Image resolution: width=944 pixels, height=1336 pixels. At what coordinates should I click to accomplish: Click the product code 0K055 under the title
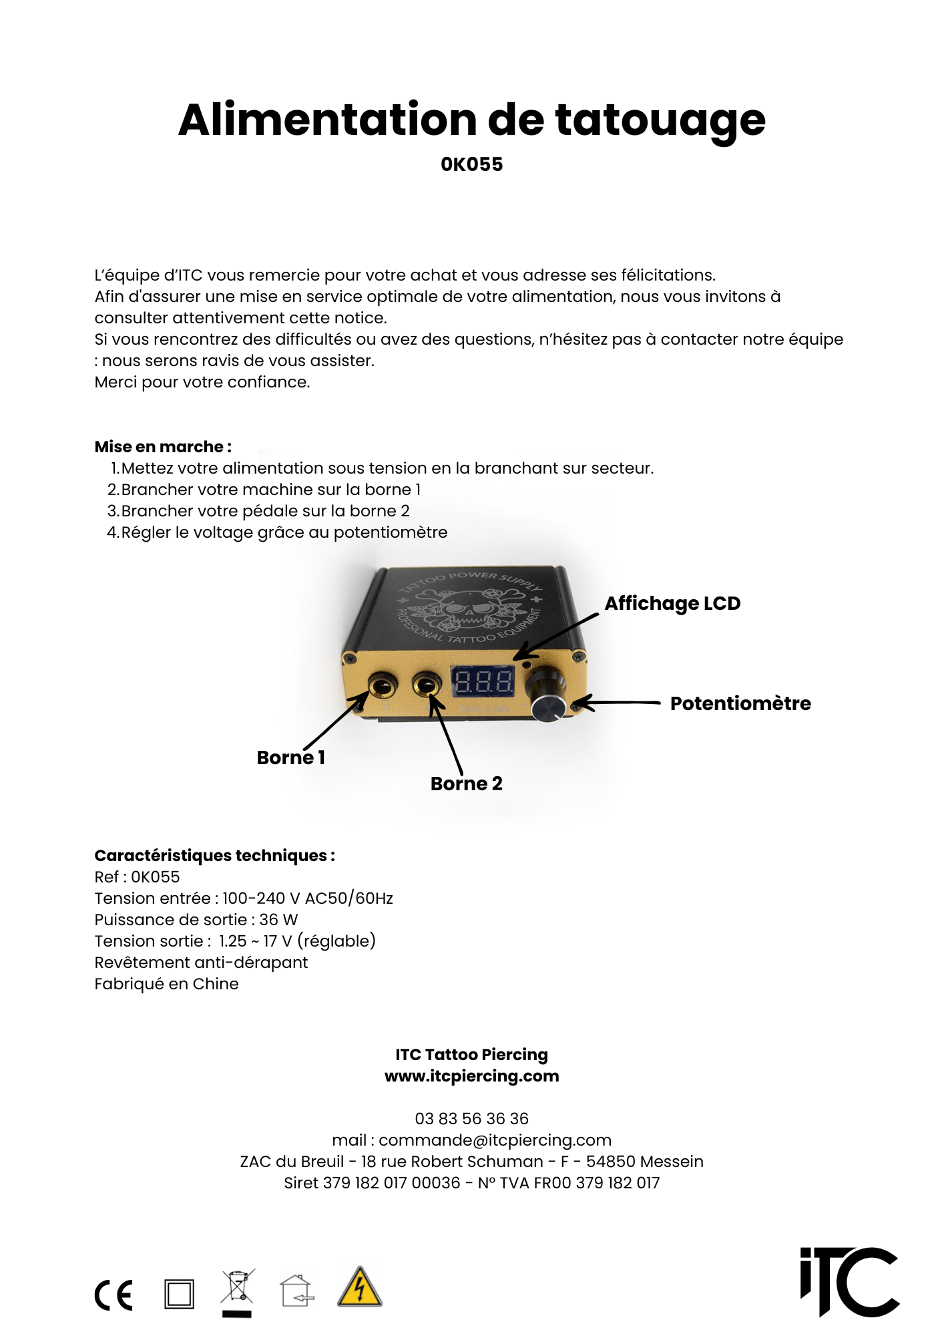click(x=471, y=164)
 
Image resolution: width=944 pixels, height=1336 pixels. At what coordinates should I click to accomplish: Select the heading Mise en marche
click(x=163, y=447)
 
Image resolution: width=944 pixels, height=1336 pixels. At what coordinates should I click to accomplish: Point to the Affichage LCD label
click(x=672, y=603)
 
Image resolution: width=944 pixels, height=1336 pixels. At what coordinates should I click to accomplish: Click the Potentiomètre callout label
click(x=740, y=703)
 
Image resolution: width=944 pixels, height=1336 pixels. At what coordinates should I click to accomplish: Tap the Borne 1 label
click(x=290, y=758)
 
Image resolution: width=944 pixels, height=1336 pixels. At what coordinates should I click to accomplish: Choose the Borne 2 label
click(x=466, y=784)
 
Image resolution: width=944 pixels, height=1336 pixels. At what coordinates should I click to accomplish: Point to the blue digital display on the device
click(x=483, y=682)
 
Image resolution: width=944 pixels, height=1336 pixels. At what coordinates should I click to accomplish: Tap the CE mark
click(x=113, y=1295)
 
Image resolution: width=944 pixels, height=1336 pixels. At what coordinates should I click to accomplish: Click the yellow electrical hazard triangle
click(x=359, y=1287)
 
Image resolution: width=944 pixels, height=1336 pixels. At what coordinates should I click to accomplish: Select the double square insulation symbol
click(x=179, y=1294)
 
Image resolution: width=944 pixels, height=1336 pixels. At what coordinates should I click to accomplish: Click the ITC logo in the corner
click(x=849, y=1281)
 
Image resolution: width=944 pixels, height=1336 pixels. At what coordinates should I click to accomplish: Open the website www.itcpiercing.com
click(x=471, y=1076)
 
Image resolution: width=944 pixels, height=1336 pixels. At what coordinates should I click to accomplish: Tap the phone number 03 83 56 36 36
click(x=471, y=1119)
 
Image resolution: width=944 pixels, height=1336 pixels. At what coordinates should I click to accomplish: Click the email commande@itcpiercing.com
click(x=495, y=1140)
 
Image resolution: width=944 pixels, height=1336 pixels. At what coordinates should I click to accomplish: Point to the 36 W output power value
click(x=278, y=920)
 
